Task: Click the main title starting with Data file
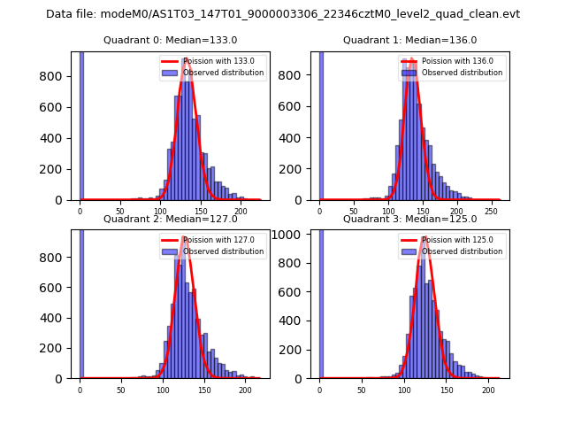pyautogui.click(x=283, y=14)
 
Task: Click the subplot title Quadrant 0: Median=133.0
pyautogui.click(x=171, y=40)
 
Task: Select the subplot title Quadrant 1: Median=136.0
pyautogui.click(x=409, y=40)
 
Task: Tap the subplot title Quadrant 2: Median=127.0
pyautogui.click(x=171, y=219)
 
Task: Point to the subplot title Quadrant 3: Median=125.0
pyautogui.click(x=409, y=219)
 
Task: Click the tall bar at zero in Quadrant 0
pyautogui.click(x=81, y=124)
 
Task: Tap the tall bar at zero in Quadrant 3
pyautogui.click(x=320, y=301)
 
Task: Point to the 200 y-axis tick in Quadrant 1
pyautogui.click(x=298, y=169)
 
